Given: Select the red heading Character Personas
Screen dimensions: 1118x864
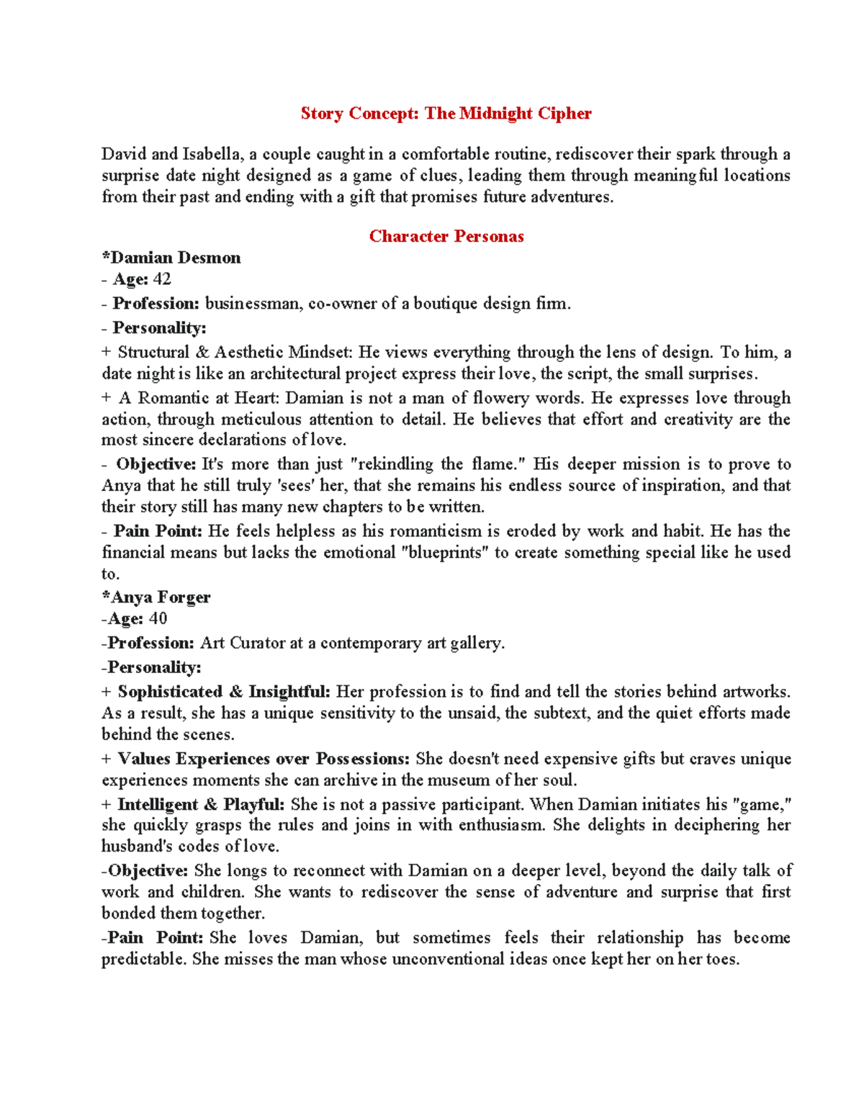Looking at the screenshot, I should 446,236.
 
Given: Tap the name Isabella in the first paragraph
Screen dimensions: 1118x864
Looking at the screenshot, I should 212,154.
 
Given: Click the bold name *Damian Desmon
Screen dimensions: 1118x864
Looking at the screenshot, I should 171,258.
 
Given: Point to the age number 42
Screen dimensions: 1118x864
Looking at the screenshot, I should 162,279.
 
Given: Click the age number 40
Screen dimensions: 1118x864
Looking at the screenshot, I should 158,618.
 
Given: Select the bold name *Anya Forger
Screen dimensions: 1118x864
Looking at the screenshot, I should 156,598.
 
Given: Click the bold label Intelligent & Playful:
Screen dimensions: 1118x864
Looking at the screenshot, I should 201,804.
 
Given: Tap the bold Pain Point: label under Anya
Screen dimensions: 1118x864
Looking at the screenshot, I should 153,937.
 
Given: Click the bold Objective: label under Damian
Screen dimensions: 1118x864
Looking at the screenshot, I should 156,464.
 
